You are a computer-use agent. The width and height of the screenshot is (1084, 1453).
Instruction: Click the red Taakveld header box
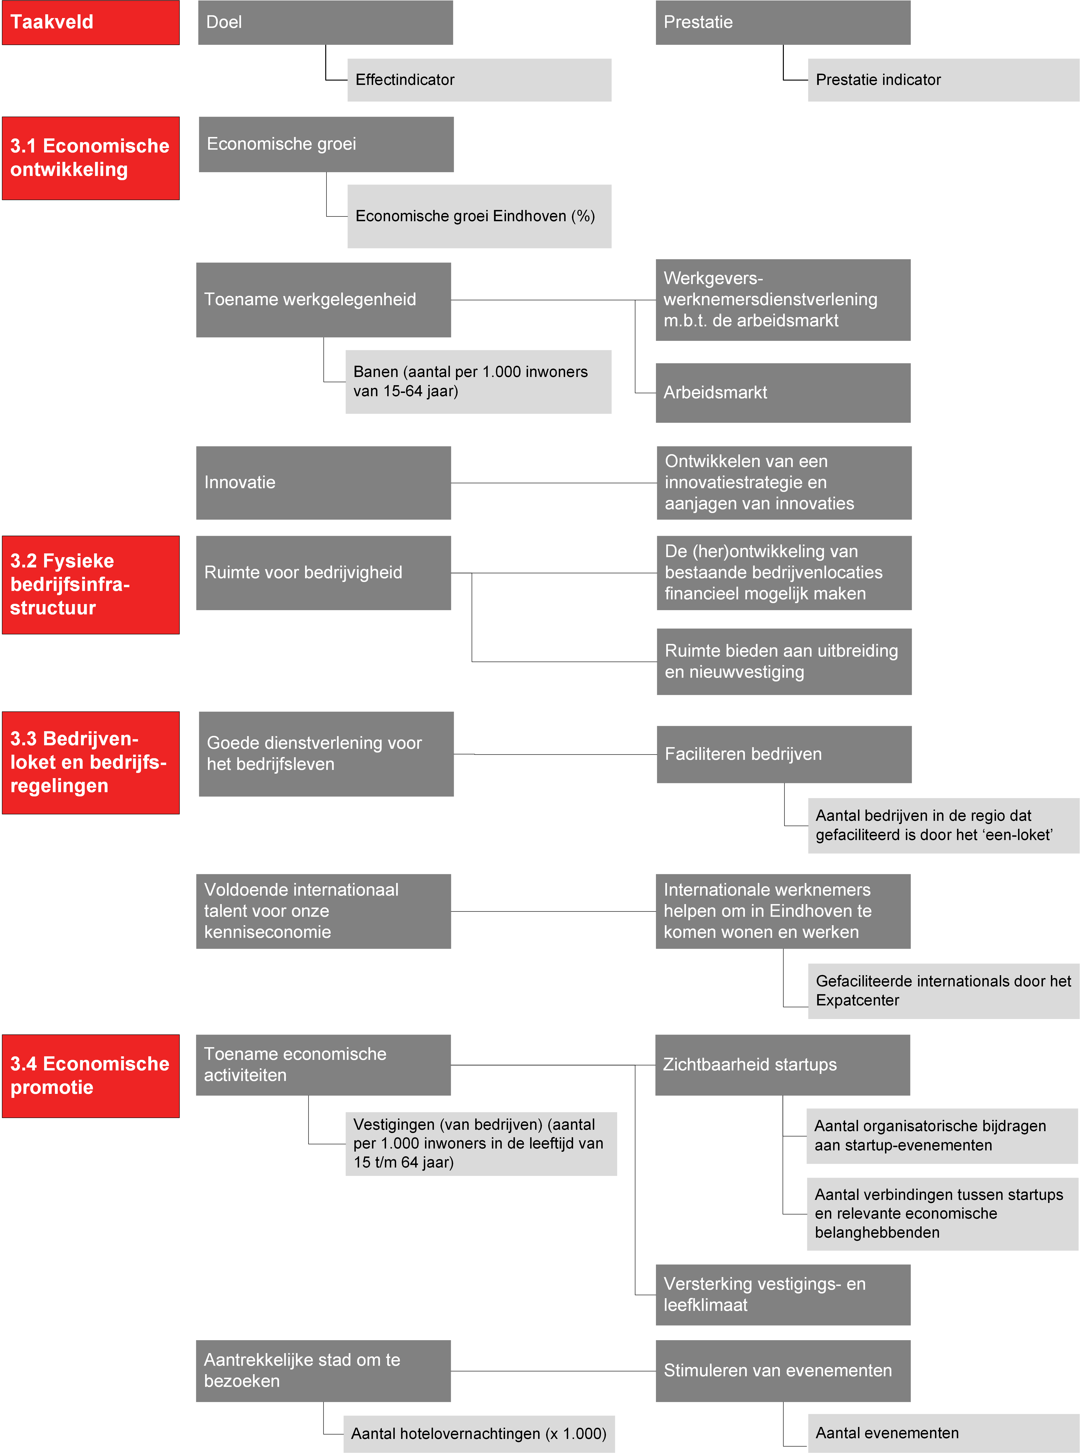click(x=91, y=22)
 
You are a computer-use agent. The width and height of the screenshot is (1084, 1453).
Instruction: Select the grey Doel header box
click(x=326, y=22)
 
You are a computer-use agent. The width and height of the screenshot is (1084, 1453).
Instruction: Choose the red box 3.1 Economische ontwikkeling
click(x=91, y=158)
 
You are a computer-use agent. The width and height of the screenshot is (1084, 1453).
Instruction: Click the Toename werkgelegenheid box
click(x=323, y=300)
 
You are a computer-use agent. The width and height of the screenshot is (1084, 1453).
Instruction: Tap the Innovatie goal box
click(x=323, y=483)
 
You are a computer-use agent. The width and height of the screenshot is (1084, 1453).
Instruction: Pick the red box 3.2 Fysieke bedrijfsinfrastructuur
click(x=91, y=585)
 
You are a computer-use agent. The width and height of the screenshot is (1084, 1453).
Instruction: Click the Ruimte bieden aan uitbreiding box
click(x=784, y=661)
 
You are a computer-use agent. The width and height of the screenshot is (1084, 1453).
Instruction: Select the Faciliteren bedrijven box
click(x=784, y=754)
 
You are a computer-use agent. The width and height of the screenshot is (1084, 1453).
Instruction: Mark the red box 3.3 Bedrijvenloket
click(x=91, y=762)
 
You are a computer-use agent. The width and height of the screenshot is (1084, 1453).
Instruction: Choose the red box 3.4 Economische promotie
click(x=91, y=1076)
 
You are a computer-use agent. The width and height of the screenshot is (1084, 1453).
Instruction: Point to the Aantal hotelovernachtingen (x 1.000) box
click(x=479, y=1433)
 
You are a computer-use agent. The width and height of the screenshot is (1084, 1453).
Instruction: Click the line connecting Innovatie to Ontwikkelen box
click(x=554, y=483)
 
